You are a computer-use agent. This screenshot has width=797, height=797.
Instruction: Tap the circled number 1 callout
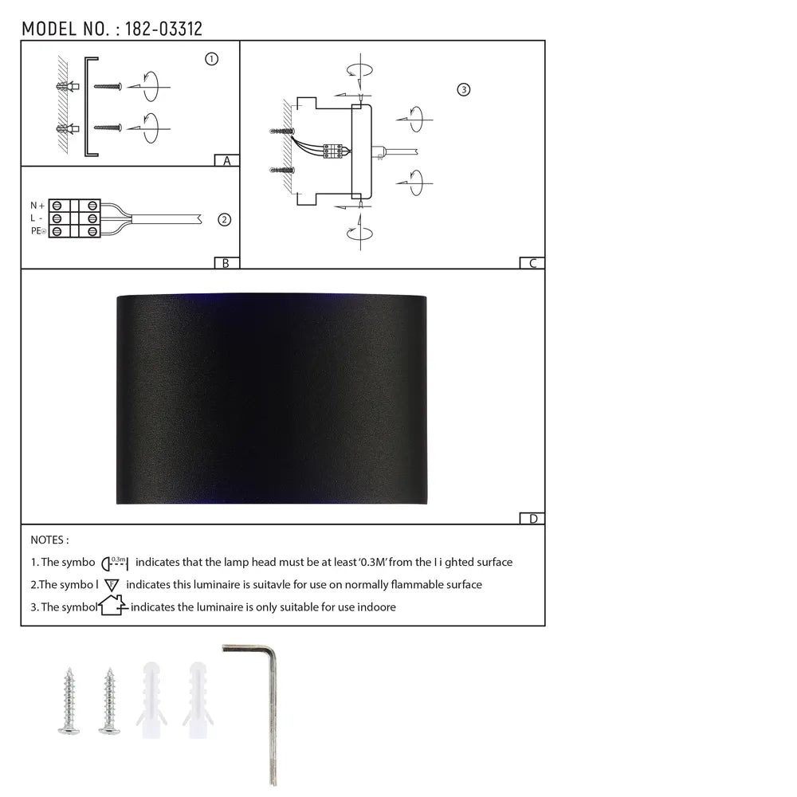tap(211, 59)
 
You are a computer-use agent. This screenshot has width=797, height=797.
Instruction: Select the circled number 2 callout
tap(224, 219)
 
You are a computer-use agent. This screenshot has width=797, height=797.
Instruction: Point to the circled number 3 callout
tap(464, 89)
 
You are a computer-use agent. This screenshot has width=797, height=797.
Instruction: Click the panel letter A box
tap(227, 160)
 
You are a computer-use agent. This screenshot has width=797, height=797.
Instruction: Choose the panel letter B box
tap(226, 263)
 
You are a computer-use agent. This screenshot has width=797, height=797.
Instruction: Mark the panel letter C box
tap(532, 263)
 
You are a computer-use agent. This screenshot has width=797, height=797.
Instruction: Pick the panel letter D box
tap(532, 519)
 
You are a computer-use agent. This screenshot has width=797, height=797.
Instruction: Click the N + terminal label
tap(37, 206)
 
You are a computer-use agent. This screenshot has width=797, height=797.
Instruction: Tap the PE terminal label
tap(37, 231)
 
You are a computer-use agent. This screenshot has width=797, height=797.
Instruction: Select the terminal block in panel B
tap(75, 218)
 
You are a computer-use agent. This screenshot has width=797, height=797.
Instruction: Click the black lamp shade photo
tap(272, 398)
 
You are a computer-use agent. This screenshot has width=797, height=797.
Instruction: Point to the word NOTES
tap(49, 540)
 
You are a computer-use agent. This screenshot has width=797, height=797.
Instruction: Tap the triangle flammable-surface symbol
tap(112, 584)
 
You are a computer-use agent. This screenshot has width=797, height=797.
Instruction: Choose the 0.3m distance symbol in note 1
tap(116, 562)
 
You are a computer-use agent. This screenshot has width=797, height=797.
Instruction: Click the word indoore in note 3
tap(375, 607)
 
